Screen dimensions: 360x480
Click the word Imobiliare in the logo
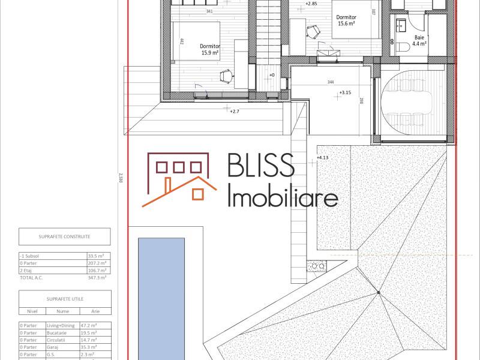(x=284, y=196)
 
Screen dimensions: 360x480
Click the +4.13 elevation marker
(x=323, y=158)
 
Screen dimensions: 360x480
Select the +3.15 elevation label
(x=345, y=93)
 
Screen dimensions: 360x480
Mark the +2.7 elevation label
(x=235, y=111)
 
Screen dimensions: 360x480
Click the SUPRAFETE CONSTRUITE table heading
(x=64, y=236)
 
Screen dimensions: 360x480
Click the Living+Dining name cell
(x=62, y=325)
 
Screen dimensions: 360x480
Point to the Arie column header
(x=95, y=311)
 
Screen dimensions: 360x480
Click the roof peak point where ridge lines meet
(x=379, y=292)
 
